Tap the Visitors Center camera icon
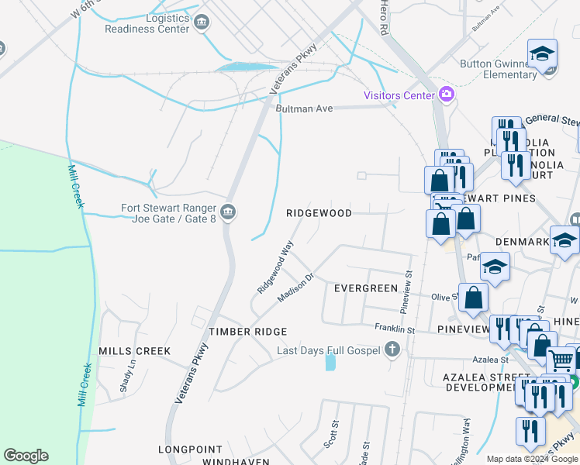point(446,95)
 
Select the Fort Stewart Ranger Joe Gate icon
point(227,212)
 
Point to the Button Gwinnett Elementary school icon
point(543,54)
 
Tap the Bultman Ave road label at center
point(304,108)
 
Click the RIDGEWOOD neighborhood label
point(319,212)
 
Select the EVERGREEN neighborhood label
point(365,288)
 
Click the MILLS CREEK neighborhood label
point(134,351)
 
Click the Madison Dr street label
point(295,288)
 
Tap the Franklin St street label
point(395,329)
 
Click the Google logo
point(26,456)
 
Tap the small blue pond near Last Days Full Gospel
point(332,360)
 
